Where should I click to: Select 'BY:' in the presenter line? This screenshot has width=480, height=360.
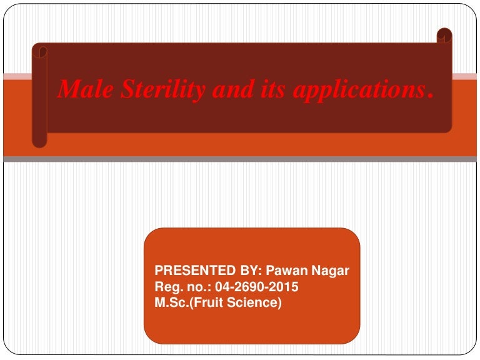click(246, 271)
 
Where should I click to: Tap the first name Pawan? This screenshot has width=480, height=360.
click(285, 271)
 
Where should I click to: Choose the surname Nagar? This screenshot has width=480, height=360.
click(332, 271)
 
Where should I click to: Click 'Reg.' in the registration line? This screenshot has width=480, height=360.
click(167, 287)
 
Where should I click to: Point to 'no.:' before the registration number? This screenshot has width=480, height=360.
click(198, 287)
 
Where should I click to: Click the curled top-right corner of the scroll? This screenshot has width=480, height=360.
click(444, 36)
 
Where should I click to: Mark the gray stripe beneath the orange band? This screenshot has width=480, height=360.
click(240, 159)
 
